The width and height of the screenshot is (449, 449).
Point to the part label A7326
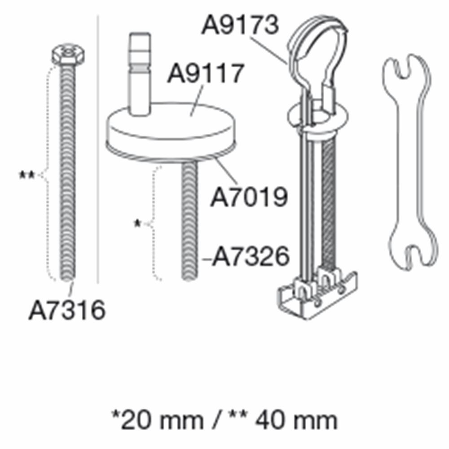(x=251, y=256)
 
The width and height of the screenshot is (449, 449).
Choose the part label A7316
(x=67, y=310)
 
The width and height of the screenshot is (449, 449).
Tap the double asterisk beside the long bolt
(x=26, y=175)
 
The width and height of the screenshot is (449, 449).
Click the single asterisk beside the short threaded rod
(x=137, y=224)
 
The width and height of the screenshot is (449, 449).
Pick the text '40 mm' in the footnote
(x=296, y=421)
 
